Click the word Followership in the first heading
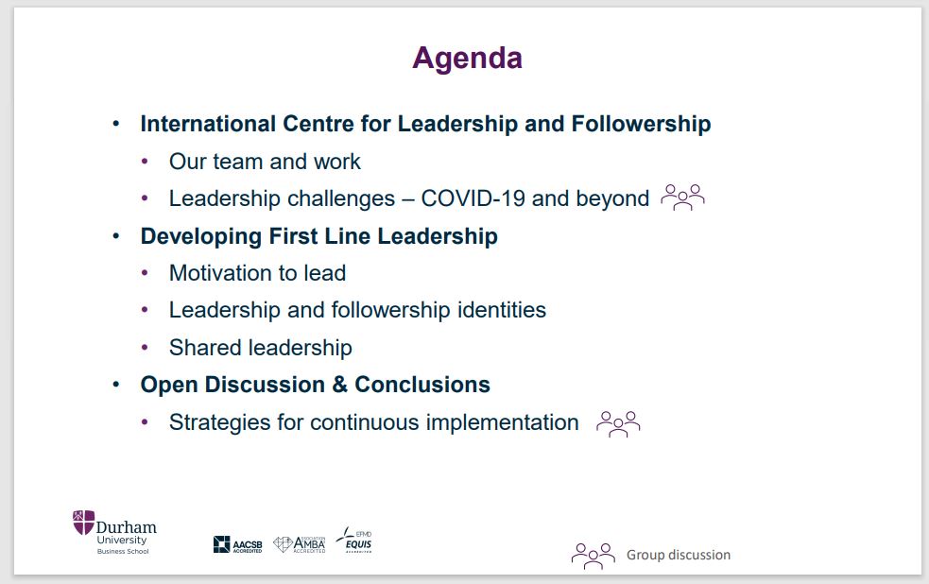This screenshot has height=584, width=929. (641, 125)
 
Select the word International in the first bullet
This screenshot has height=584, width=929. (208, 124)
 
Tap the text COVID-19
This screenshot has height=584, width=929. (473, 198)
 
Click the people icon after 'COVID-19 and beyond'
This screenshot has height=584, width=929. (682, 198)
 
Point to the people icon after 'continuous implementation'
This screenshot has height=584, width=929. (618, 424)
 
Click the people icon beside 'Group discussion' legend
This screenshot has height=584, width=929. (594, 557)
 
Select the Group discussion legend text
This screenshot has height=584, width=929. (679, 555)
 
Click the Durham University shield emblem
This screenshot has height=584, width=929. (83, 522)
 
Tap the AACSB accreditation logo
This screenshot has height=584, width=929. (237, 544)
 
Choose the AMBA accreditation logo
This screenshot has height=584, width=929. (300, 543)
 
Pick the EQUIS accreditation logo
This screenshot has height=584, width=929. (353, 540)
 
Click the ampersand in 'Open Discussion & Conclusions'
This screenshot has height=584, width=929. (340, 385)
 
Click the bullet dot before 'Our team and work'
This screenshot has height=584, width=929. (145, 162)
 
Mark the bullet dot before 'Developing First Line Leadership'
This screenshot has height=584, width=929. (116, 236)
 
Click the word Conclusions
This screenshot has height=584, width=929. (422, 385)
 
